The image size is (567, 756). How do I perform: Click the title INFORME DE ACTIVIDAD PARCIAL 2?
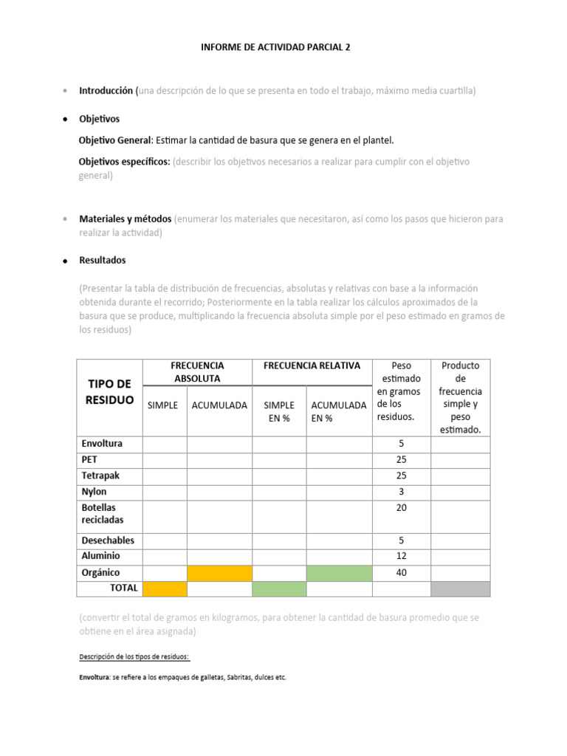tap(275, 47)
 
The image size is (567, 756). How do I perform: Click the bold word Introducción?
tap(106, 91)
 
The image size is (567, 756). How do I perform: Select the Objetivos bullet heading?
tap(99, 119)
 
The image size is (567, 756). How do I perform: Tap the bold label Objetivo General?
tap(114, 140)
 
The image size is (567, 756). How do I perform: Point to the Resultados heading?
tap(102, 261)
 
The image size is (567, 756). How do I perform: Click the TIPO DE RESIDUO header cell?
tap(110, 391)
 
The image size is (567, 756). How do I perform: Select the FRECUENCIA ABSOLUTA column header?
tap(197, 371)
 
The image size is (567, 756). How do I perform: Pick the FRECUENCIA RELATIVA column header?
tap(312, 365)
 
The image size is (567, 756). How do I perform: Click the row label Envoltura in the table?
tap(102, 444)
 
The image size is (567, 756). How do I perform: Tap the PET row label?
tap(89, 459)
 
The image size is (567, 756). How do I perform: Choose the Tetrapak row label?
tap(100, 475)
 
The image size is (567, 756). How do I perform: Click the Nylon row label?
tap(94, 492)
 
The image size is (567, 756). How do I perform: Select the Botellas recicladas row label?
tap(103, 514)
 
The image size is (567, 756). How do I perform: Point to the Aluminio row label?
tap(100, 556)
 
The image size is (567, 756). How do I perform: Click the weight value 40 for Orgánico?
tap(402, 573)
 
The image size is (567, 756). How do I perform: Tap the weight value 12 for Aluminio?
tap(402, 556)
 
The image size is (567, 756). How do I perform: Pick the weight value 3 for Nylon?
tap(402, 492)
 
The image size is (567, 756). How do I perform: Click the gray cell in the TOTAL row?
tap(460, 588)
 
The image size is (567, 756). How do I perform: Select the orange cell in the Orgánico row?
tap(219, 573)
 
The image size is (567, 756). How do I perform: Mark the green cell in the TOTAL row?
tap(279, 588)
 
